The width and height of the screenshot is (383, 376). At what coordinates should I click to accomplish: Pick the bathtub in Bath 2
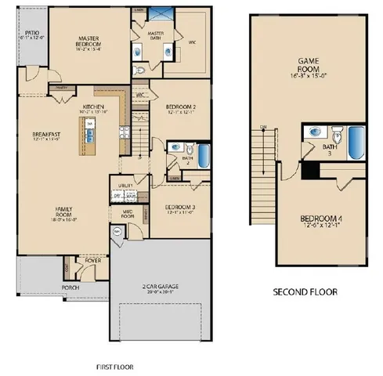(x=203, y=154)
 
